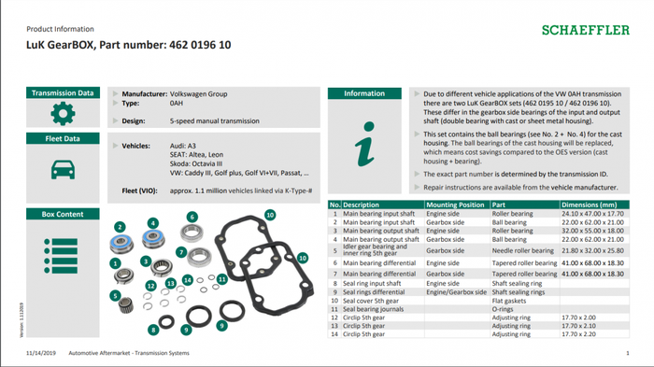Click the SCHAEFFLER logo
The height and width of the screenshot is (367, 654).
pos(585,30)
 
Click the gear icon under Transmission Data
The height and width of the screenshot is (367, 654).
pos(62,114)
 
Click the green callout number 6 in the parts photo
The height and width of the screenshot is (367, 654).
pos(192,217)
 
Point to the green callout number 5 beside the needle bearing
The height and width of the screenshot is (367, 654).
pos(116,296)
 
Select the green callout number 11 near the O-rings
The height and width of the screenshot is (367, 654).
pos(221,278)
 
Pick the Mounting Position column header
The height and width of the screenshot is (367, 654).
pos(455,205)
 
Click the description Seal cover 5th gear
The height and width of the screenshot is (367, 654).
pos(374,301)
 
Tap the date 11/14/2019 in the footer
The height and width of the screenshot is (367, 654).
pos(41,354)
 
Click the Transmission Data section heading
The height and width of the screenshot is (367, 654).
pos(63,93)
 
